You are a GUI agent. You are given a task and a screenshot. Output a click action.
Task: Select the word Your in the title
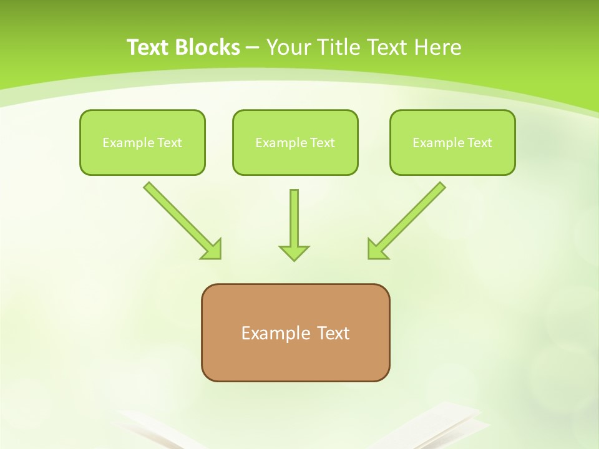point(289,47)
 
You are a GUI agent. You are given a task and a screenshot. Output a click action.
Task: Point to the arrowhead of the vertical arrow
point(294,253)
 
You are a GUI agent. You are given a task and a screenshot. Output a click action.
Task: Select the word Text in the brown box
point(333,334)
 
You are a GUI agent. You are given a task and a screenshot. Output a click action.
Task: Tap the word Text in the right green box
point(479,143)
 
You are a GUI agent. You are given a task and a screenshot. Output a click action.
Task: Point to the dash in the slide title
point(253,47)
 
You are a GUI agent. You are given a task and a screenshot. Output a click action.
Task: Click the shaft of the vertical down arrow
point(294,215)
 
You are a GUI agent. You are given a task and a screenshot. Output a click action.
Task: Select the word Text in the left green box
point(169,143)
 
